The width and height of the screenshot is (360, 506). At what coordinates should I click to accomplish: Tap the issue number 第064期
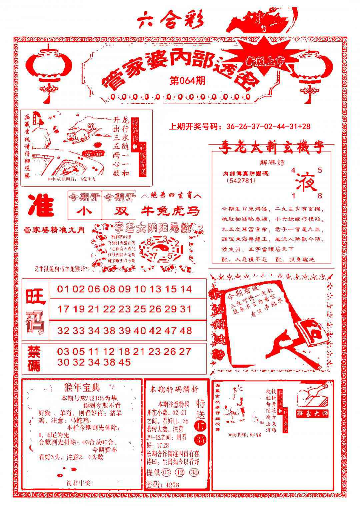187,81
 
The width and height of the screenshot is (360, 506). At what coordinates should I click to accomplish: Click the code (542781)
240,181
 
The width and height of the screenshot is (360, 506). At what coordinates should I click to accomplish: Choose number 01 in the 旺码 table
64,289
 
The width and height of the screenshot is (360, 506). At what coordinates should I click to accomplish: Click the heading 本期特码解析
174,389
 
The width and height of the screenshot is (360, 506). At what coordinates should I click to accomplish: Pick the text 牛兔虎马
171,211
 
